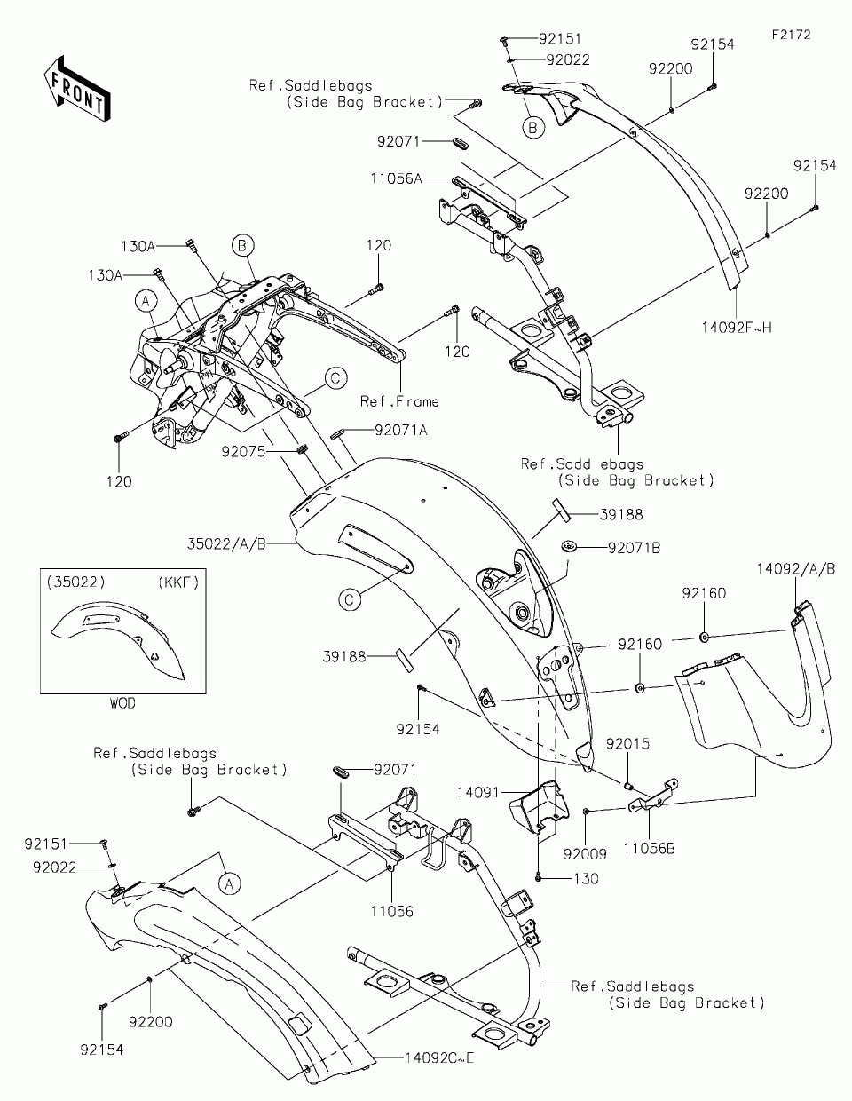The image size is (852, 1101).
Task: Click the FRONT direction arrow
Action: point(77,89)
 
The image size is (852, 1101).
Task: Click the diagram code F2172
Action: point(792,35)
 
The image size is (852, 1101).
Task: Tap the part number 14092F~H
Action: point(737,328)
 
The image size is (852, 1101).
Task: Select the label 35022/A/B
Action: point(226,544)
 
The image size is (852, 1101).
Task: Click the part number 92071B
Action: point(634,548)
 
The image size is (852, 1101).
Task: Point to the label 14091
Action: point(478,792)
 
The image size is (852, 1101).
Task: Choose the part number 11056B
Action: point(649,848)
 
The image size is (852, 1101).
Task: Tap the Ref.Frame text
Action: point(399,402)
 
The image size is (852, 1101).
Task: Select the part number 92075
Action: point(243,451)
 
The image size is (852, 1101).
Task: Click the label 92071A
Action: point(401,430)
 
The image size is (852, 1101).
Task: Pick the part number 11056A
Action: point(396,178)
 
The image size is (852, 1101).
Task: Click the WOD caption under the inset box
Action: point(122,703)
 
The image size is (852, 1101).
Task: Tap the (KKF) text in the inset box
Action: point(178,582)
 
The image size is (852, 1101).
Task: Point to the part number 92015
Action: point(627,744)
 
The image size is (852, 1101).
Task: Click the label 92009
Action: point(585,854)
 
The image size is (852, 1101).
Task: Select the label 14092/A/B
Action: point(796,569)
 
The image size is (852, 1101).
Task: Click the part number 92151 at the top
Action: point(560,38)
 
